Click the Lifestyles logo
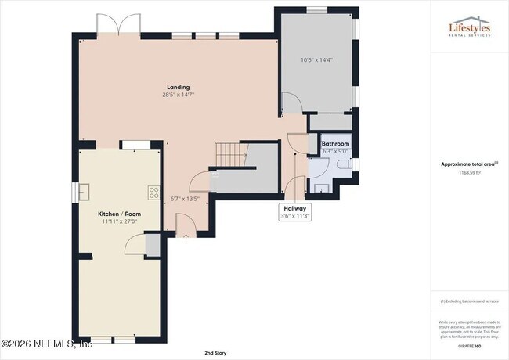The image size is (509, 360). (x=469, y=29)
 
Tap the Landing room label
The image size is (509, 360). (x=178, y=87)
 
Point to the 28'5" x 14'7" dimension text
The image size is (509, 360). (x=178, y=95)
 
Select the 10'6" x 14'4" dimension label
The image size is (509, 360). (x=317, y=60)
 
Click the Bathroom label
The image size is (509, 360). (x=335, y=144)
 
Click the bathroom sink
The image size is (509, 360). (x=321, y=186)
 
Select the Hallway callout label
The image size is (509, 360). (x=295, y=209)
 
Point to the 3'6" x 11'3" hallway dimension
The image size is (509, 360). (x=295, y=217)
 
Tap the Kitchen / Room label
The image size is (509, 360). (x=119, y=214)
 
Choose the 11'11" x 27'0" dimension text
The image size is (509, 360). (x=119, y=221)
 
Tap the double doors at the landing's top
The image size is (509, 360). (x=117, y=26)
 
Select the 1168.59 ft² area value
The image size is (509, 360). (x=469, y=172)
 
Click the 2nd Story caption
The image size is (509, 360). (x=216, y=353)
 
